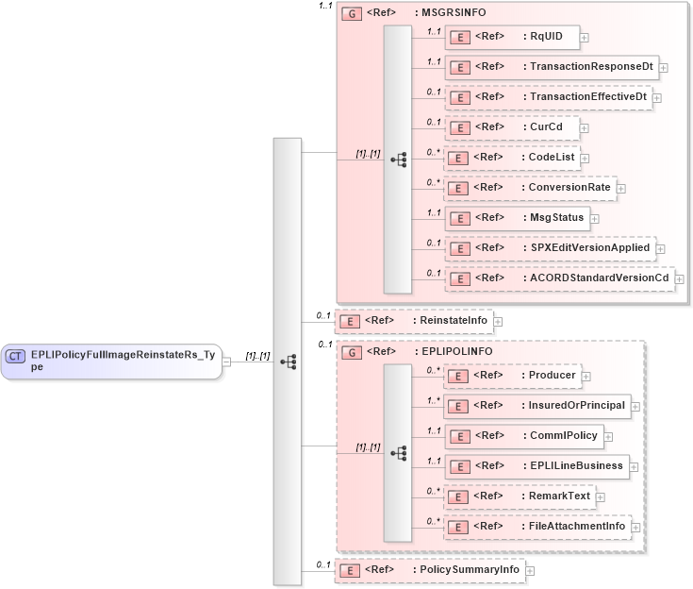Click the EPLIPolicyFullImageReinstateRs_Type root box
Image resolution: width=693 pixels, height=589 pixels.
(110, 361)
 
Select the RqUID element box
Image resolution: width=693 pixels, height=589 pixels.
(510, 37)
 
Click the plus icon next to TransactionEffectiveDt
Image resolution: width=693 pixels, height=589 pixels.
(656, 97)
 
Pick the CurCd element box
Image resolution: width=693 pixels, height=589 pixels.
(510, 127)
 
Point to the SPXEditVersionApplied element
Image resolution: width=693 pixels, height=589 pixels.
(550, 248)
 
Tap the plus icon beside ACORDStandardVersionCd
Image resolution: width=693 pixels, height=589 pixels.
(679, 278)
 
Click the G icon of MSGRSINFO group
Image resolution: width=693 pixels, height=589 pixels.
(351, 14)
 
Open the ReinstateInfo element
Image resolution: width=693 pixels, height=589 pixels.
(415, 321)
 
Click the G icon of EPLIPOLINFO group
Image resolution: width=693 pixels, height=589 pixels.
(351, 352)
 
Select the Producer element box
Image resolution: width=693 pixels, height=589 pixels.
(513, 376)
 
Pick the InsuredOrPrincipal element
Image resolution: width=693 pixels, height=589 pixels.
(536, 406)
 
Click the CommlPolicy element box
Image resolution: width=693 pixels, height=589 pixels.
(523, 436)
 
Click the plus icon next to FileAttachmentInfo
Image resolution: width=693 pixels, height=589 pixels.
(635, 527)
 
